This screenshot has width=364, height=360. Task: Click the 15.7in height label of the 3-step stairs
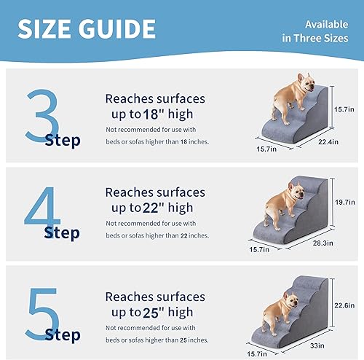pyautogui.click(x=344, y=108)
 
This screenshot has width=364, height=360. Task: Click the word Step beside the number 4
pyautogui.click(x=62, y=232)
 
